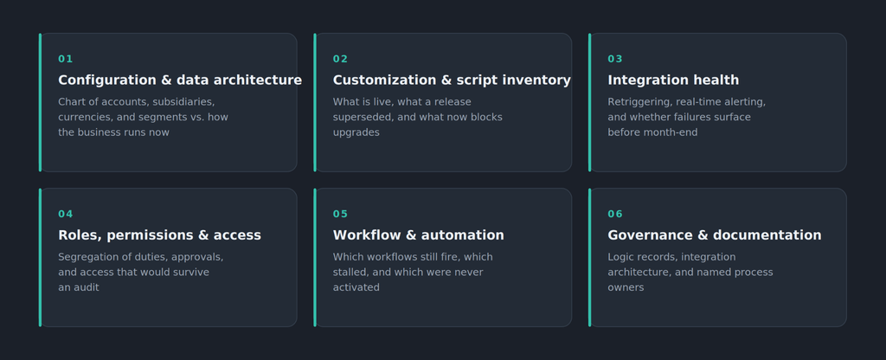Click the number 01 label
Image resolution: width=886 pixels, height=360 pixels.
66,59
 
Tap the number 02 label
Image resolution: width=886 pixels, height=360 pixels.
340,59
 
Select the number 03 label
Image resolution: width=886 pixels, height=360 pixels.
615,59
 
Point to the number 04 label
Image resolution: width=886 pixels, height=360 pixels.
66,214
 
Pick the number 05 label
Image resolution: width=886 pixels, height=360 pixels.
340,214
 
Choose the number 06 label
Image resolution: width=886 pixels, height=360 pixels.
615,214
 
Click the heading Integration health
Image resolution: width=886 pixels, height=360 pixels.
673,80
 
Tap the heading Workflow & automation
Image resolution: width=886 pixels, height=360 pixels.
418,235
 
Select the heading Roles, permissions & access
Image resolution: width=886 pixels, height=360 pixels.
159,235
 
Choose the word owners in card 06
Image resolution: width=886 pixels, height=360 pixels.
626,287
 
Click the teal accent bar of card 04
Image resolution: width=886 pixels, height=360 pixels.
40,257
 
